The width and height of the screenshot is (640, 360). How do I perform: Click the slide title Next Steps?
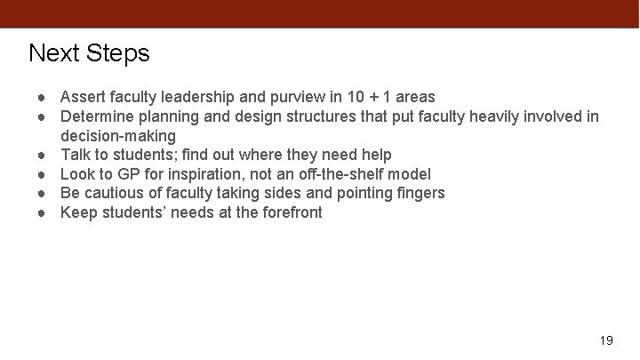(x=89, y=53)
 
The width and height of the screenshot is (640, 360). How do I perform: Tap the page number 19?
(x=607, y=340)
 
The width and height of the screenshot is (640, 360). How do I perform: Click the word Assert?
(x=82, y=97)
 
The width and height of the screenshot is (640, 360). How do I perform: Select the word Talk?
(x=76, y=155)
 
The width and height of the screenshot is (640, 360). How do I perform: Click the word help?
(x=375, y=155)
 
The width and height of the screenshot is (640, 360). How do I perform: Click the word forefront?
(x=290, y=212)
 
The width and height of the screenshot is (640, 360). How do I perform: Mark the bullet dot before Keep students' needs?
(x=41, y=212)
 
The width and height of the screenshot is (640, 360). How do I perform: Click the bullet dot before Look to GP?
(x=41, y=174)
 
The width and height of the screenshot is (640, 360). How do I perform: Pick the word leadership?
(x=197, y=97)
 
